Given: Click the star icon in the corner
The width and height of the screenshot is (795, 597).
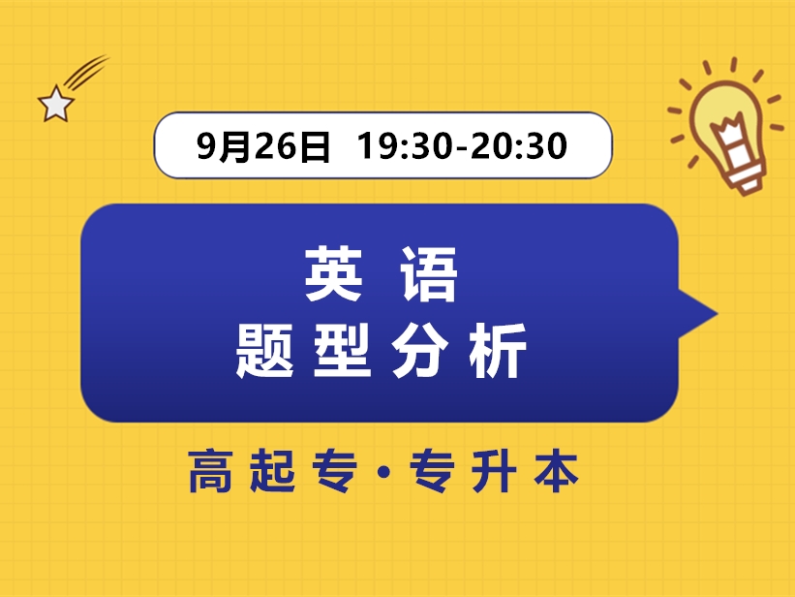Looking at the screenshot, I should coord(54,103).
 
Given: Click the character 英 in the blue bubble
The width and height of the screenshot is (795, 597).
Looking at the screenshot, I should coord(334,274).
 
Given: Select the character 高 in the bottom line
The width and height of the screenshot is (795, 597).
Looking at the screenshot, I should coord(215,472).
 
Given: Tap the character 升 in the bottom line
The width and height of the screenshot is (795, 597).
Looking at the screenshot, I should coord(500,472).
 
